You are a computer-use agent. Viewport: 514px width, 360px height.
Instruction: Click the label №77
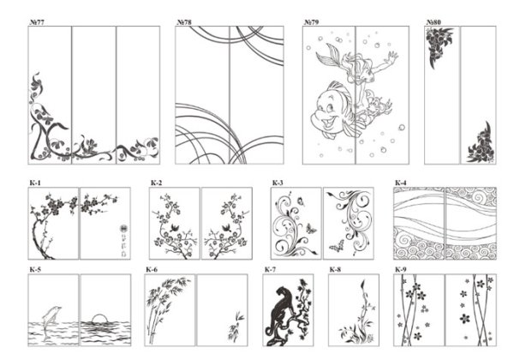coord(37,22)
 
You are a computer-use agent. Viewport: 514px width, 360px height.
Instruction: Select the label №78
coord(184,22)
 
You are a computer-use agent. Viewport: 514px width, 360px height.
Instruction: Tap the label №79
coord(311,22)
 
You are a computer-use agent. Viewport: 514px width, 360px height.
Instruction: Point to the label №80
coord(433,22)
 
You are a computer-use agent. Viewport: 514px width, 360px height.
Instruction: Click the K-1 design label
coord(35,183)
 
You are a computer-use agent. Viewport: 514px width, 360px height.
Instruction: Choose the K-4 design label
coord(401,183)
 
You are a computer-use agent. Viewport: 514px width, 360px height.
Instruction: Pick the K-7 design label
coord(270,269)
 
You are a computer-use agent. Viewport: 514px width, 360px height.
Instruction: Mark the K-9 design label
coord(401,269)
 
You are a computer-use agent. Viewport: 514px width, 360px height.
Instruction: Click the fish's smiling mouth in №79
coord(329,123)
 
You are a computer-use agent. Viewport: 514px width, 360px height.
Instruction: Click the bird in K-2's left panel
coord(175,227)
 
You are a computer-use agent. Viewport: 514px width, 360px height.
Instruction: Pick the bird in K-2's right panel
coord(226,227)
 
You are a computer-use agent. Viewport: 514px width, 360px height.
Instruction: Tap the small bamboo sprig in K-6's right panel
coord(236,327)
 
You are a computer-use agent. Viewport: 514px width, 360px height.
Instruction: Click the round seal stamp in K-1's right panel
coord(123,229)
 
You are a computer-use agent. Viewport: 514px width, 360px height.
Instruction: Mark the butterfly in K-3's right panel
coord(337,246)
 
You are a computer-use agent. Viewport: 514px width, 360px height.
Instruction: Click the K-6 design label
coord(152,269)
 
